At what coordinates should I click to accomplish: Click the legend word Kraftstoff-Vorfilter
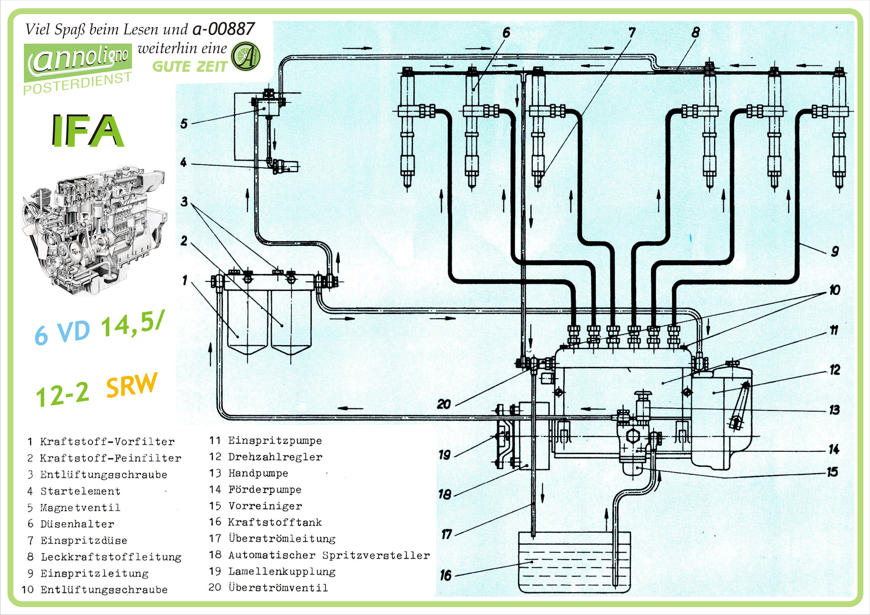tap(107, 442)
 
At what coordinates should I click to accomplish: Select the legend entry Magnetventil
tap(80, 508)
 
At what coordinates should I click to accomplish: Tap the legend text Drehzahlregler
tap(275, 457)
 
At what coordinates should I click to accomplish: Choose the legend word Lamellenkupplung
tap(282, 572)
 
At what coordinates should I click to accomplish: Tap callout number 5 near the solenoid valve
tap(184, 124)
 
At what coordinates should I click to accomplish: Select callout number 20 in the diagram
tap(444, 404)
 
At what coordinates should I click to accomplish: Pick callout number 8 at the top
tap(695, 33)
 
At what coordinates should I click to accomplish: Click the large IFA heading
tap(88, 131)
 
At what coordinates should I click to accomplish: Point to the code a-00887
tap(224, 29)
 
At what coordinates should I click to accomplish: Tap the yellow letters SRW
tap(131, 385)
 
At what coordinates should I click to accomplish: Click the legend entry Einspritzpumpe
tap(275, 441)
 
